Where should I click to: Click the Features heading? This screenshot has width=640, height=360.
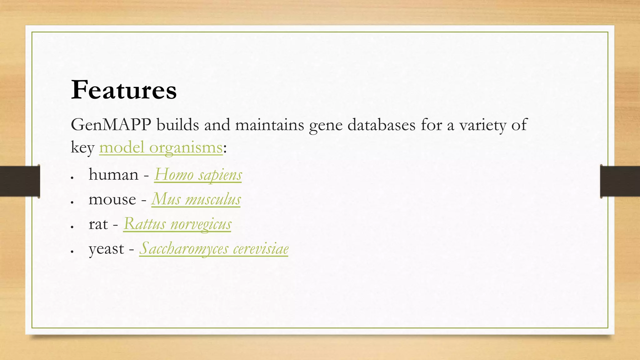tap(124, 90)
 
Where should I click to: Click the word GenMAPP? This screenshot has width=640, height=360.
tap(111, 125)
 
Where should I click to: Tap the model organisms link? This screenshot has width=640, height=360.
tap(161, 147)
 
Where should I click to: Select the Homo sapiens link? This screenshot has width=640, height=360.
tap(198, 174)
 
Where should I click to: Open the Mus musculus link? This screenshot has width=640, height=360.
tap(196, 199)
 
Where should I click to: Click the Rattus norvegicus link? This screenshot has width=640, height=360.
tap(177, 224)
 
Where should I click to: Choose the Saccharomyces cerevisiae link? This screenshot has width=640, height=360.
tap(214, 248)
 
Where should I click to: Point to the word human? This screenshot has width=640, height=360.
tap(113, 174)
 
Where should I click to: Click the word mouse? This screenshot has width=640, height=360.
tap(112, 199)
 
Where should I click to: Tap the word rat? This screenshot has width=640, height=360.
tap(98, 224)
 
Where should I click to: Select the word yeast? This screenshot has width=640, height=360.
tap(106, 249)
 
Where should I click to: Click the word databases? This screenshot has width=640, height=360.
tap(381, 125)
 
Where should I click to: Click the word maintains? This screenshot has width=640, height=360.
tap(269, 125)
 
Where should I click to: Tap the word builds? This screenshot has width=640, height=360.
tap(177, 125)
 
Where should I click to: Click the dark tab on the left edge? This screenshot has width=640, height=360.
tap(20, 181)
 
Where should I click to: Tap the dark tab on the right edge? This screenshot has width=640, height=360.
tap(620, 181)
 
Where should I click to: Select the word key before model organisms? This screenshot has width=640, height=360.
tap(82, 148)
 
